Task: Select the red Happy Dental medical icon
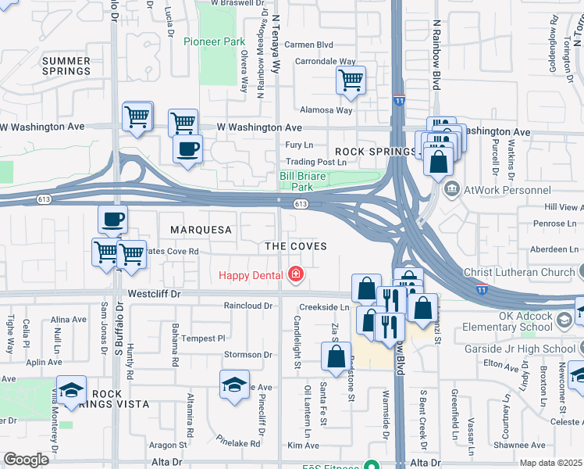coord(296,274)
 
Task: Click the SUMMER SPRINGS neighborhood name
coord(66,66)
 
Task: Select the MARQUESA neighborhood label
coord(201,230)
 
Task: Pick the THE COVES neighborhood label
coord(295,246)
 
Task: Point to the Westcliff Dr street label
coord(154,295)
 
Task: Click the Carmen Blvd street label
coord(308,45)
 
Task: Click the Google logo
coord(26,460)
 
